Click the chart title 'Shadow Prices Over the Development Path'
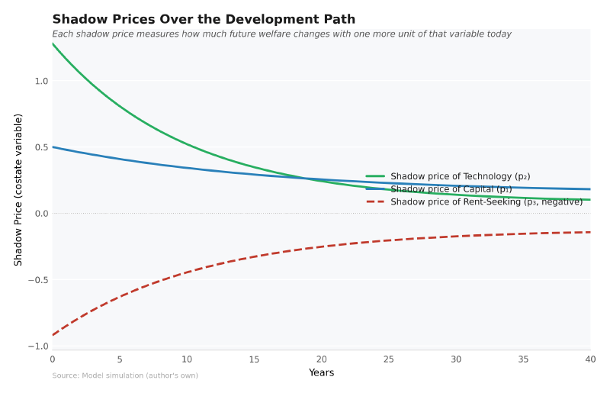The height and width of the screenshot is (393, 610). coord(204,20)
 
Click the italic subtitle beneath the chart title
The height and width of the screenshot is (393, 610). coord(281,34)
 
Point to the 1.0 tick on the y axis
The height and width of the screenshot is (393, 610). coord(41,81)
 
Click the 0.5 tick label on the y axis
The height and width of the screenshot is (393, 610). coord(41,147)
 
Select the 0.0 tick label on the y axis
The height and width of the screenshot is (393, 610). coord(41,214)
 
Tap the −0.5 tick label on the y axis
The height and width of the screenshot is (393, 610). coord(38,280)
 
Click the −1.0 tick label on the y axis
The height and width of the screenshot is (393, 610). coord(38,346)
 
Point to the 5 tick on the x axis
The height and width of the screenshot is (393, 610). coord(120,359)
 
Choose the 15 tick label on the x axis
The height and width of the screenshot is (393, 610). coord(254,359)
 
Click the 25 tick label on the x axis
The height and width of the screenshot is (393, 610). coord(389,359)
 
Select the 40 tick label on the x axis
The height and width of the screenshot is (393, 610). coord(590,359)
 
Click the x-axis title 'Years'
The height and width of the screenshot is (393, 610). coord(321,373)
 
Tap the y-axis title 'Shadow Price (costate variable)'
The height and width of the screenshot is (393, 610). coord(18,189)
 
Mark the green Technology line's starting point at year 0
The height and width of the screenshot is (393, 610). coord(53,43)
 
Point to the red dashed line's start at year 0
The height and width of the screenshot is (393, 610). coord(53,335)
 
